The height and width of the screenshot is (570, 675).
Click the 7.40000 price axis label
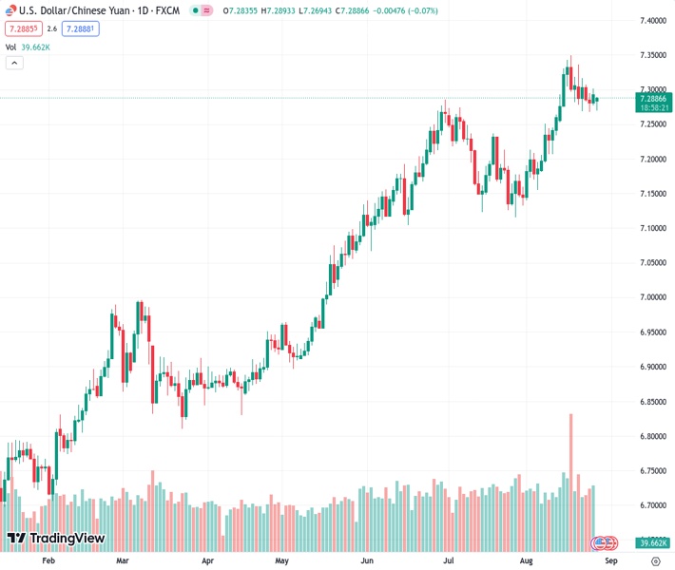[x=651, y=20]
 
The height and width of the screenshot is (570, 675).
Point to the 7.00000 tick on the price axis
[x=651, y=297]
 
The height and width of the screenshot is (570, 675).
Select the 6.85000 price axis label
[x=651, y=402]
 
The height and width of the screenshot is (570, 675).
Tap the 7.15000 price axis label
[x=651, y=194]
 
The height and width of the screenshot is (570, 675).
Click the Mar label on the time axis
[x=122, y=561]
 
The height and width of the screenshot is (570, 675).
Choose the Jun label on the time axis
[x=367, y=561]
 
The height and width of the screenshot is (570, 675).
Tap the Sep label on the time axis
[x=610, y=561]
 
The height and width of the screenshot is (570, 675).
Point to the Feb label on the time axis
[x=49, y=561]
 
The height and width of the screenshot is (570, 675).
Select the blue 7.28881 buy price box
[x=81, y=28]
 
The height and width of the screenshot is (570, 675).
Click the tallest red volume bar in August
[x=571, y=475]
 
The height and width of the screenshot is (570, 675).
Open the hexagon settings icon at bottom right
[x=653, y=561]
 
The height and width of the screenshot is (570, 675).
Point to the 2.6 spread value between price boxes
[x=52, y=28]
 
